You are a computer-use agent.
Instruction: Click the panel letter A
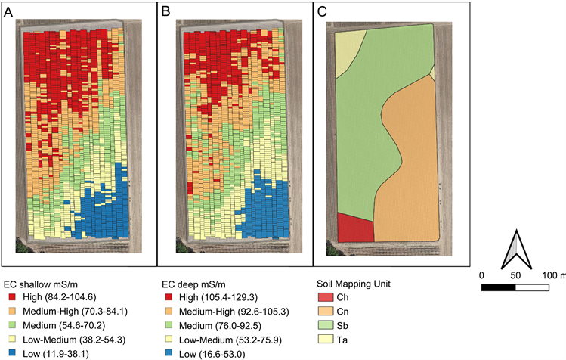[x=9, y=13]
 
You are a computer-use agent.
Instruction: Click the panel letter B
[x=165, y=13]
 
